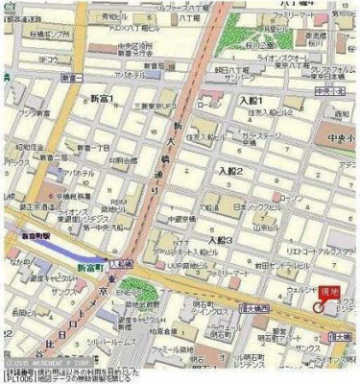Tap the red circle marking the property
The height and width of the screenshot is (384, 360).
(318, 305)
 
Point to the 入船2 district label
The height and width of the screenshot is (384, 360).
(232, 171)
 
